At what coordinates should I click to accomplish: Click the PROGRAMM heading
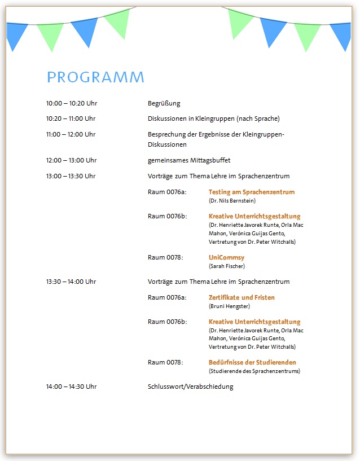95,77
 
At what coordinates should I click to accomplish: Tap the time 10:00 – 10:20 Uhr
71,103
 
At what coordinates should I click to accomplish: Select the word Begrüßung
164,103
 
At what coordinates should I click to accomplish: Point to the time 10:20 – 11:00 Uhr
71,118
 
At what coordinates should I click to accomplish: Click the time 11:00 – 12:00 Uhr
71,134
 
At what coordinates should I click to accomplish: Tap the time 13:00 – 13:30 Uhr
71,176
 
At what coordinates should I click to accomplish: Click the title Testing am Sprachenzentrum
252,192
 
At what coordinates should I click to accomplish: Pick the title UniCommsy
227,257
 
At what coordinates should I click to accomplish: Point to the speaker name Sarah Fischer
227,266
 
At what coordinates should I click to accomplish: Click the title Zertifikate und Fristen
242,297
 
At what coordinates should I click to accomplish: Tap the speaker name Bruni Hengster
229,306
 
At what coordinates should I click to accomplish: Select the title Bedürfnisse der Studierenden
252,362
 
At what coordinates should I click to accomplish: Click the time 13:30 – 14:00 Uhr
71,282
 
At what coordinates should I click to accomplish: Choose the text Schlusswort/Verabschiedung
190,387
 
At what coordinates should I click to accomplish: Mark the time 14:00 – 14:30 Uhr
71,387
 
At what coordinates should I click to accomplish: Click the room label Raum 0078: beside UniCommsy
165,257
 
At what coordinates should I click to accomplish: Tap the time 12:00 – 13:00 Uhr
71,160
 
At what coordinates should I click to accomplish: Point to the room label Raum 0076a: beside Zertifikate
167,297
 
